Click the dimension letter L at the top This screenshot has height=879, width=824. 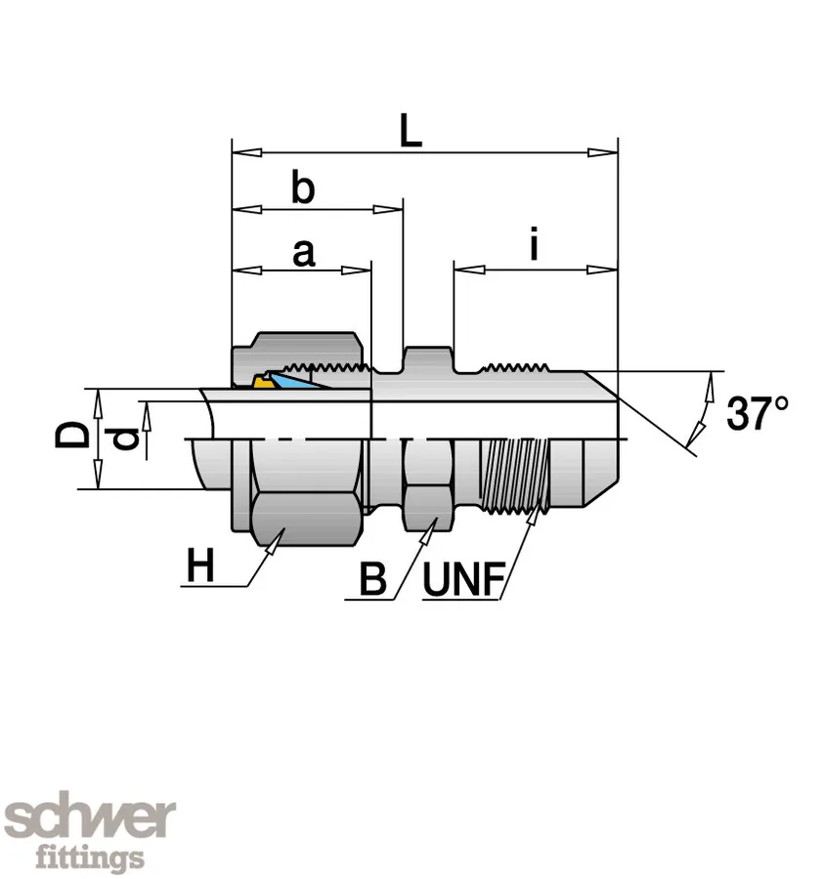pos(411,130)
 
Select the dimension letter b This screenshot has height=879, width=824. pos(303,188)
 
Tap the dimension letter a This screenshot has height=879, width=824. pos(304,253)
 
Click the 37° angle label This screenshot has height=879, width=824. pos(758,414)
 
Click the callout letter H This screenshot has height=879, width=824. pos(200,566)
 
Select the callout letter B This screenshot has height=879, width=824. pos(372,579)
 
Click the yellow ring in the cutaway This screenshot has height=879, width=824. pos(261,382)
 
